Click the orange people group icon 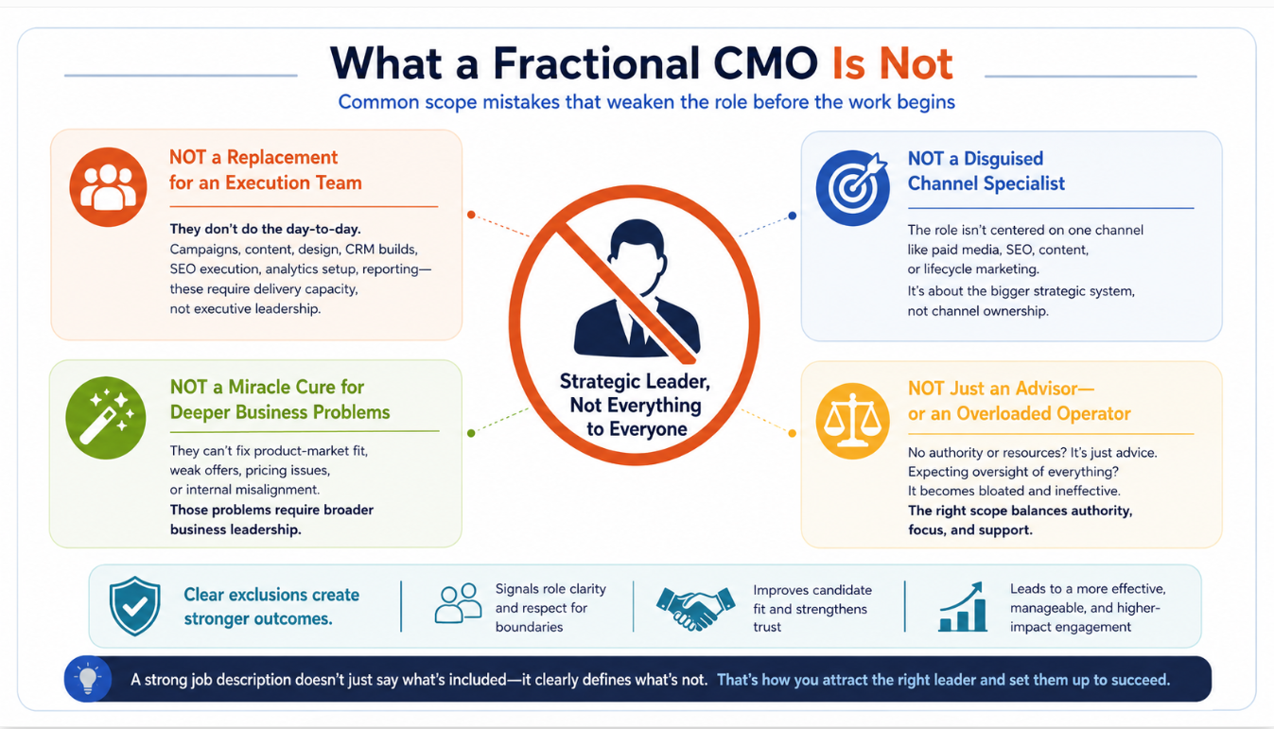click(x=108, y=187)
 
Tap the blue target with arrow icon click(x=852, y=187)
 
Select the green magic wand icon click(x=106, y=418)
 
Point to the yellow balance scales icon click(x=852, y=421)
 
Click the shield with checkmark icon click(x=135, y=605)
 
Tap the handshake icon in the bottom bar click(x=695, y=608)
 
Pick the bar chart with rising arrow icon click(x=963, y=607)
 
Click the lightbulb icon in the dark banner click(x=88, y=679)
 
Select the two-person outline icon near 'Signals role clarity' click(x=458, y=603)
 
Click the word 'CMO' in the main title click(x=765, y=63)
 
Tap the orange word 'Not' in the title click(x=916, y=63)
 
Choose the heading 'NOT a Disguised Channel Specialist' click(x=986, y=170)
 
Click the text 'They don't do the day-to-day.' click(x=266, y=229)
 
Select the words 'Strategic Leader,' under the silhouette click(x=635, y=381)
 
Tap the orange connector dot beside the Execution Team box click(x=471, y=215)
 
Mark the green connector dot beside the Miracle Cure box click(x=471, y=433)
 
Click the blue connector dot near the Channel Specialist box click(x=793, y=216)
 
